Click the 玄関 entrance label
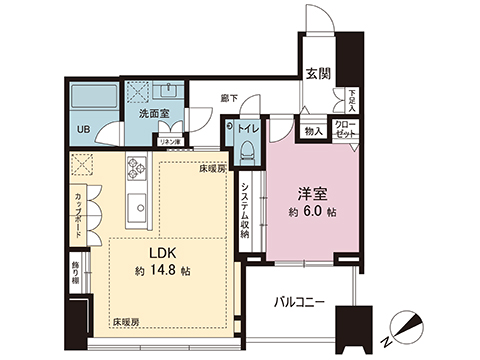tap(318, 74)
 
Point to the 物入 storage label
tap(312, 131)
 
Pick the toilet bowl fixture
tap(245, 150)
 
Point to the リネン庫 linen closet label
tap(170, 141)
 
